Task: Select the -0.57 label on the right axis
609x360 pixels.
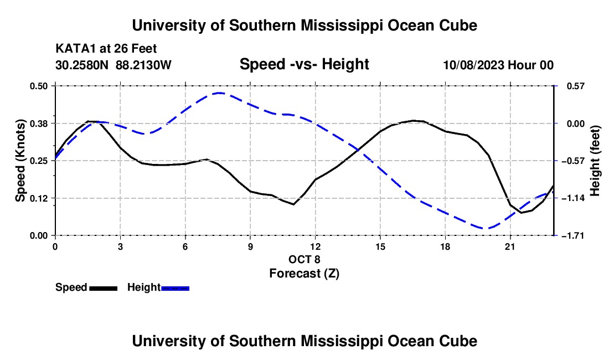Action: pyautogui.click(x=576, y=161)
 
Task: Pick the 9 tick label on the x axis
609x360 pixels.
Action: pyautogui.click(x=250, y=246)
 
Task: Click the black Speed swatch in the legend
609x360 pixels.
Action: pyautogui.click(x=104, y=288)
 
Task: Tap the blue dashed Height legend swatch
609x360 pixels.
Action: pyautogui.click(x=175, y=288)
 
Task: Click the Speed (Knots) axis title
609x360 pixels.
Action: pyautogui.click(x=20, y=161)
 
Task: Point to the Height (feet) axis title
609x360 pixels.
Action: pyautogui.click(x=595, y=161)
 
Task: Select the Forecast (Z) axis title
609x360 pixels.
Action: pyautogui.click(x=304, y=274)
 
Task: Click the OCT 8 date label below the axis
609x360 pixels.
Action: pyautogui.click(x=304, y=259)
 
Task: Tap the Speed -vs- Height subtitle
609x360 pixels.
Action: pyautogui.click(x=304, y=64)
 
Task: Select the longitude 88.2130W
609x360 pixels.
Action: pyautogui.click(x=143, y=65)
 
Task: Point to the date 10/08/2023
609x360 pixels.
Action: pyautogui.click(x=473, y=65)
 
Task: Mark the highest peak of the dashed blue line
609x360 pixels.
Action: pyautogui.click(x=219, y=93)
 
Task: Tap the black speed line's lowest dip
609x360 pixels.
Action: pyautogui.click(x=521, y=213)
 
